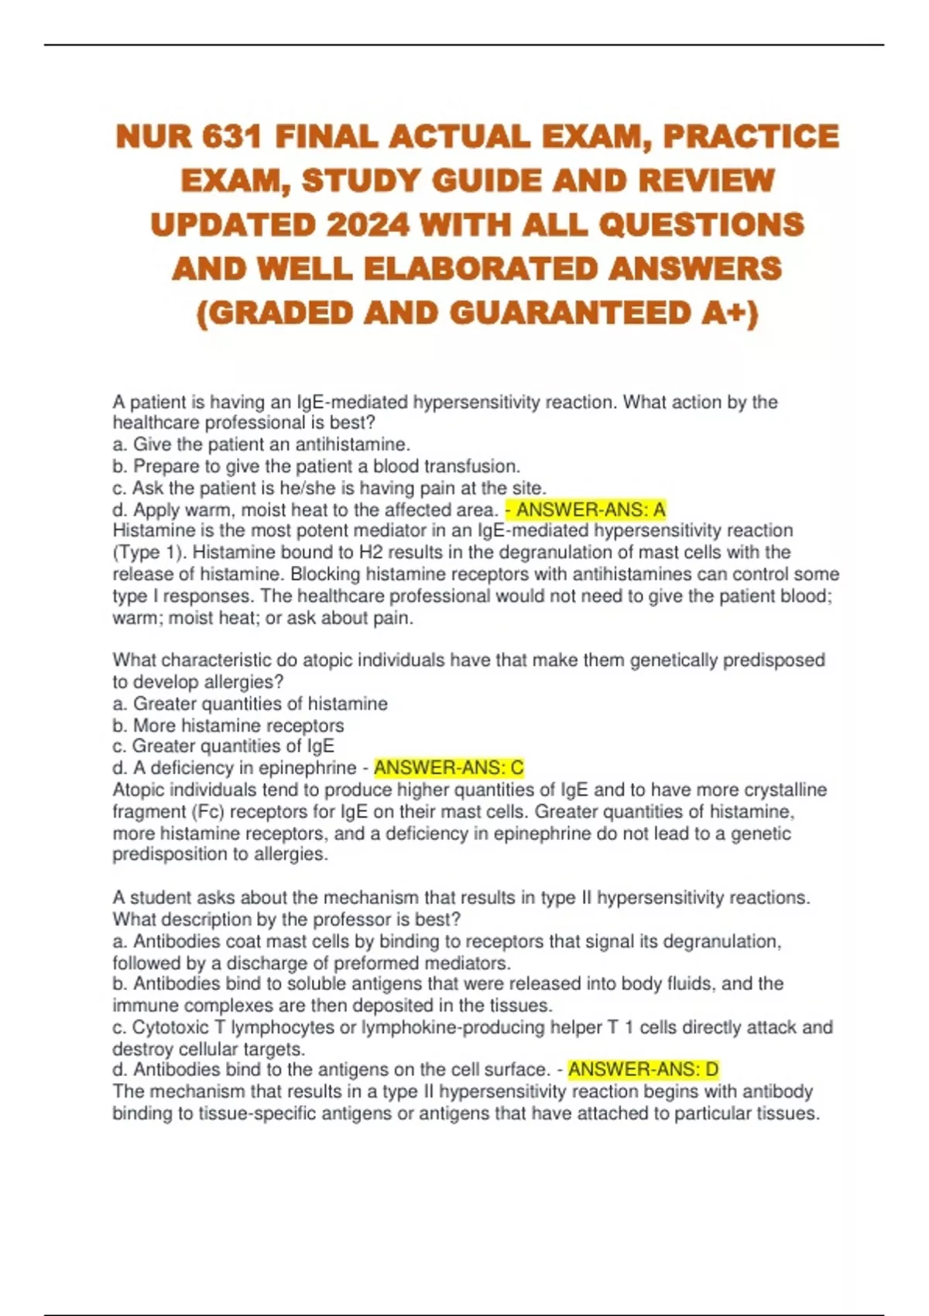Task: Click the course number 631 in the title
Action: (230, 137)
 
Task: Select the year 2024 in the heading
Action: (368, 225)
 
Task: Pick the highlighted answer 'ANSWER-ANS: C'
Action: (449, 768)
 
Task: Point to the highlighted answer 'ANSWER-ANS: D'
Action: (643, 1070)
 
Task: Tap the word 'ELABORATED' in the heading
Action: (481, 269)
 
